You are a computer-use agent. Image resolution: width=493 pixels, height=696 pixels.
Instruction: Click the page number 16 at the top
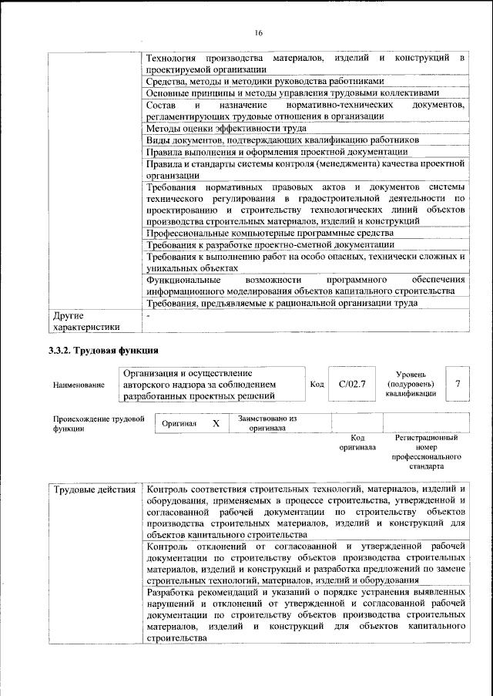tap(258, 32)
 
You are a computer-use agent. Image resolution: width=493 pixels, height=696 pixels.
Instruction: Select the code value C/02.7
tap(351, 383)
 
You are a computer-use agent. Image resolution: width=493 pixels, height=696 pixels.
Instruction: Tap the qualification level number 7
tap(458, 383)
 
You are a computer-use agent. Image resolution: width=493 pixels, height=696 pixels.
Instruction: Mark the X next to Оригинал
tap(216, 424)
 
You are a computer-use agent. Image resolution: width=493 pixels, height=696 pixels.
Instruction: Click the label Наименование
tap(79, 385)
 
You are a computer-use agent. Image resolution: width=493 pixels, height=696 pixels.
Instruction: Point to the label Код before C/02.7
tap(317, 384)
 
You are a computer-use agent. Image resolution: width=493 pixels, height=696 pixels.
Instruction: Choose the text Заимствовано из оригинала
tap(267, 423)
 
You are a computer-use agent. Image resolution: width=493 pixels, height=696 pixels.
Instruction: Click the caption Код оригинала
tap(357, 442)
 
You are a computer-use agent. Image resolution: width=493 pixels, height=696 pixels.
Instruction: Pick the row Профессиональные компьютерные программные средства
tap(270, 233)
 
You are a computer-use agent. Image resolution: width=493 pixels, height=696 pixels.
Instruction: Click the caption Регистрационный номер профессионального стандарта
tap(426, 452)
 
